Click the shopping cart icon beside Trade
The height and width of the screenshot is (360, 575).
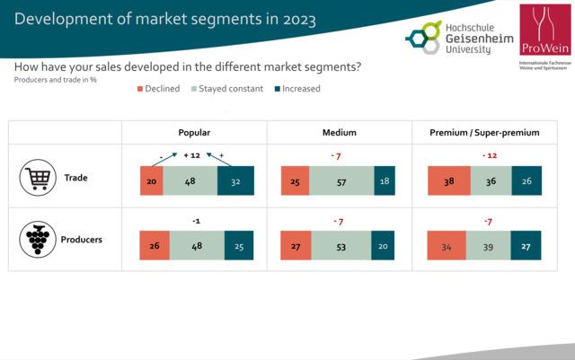tap(37, 180)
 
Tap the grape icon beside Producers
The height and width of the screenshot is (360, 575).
tap(37, 241)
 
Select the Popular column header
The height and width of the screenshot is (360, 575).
tap(195, 132)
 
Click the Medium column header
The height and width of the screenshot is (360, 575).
tap(340, 132)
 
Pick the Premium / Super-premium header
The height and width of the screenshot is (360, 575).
tap(485, 132)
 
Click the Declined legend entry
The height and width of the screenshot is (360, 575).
tap(158, 89)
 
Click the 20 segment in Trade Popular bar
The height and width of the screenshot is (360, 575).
tap(151, 180)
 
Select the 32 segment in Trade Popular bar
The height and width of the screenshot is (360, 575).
tap(235, 180)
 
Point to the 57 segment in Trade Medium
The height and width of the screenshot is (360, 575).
tap(341, 180)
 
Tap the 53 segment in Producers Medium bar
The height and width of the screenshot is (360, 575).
tap(341, 245)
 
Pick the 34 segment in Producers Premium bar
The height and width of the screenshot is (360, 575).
tap(447, 245)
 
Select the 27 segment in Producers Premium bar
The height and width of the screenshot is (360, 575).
tap(526, 245)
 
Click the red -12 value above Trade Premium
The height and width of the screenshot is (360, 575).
tap(488, 155)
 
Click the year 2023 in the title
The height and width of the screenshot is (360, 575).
tap(296, 20)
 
